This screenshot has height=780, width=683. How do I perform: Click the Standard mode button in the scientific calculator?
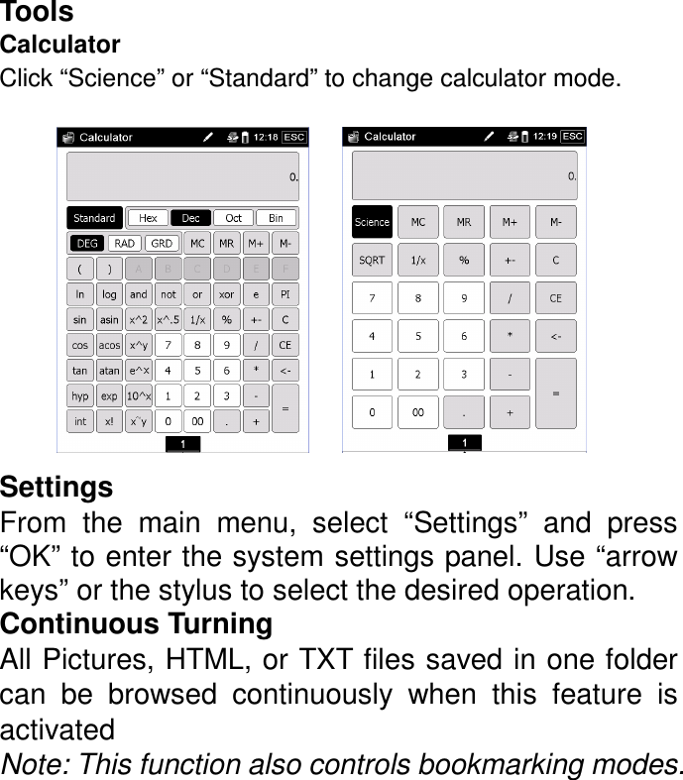pyautogui.click(x=94, y=218)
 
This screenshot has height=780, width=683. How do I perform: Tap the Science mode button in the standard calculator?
pyautogui.click(x=372, y=223)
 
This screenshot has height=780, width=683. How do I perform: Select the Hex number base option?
pyautogui.click(x=148, y=218)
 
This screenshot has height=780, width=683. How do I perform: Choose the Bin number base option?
pyautogui.click(x=276, y=218)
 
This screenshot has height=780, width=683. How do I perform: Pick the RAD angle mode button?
pyautogui.click(x=124, y=244)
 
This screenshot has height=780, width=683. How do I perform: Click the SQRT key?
pyautogui.click(x=372, y=260)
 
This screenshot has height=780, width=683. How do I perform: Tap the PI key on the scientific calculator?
pyautogui.click(x=285, y=294)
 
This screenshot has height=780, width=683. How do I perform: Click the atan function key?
pyautogui.click(x=109, y=371)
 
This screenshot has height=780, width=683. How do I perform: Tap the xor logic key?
pyautogui.click(x=227, y=294)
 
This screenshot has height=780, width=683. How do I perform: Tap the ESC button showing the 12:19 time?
pyautogui.click(x=573, y=137)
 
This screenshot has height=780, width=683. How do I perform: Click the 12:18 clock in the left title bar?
pyautogui.click(x=266, y=138)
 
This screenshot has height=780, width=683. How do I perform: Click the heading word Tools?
pyautogui.click(x=37, y=13)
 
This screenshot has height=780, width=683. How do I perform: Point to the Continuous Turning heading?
pyautogui.click(x=137, y=625)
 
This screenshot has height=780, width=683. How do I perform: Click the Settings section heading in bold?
pyautogui.click(x=57, y=489)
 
